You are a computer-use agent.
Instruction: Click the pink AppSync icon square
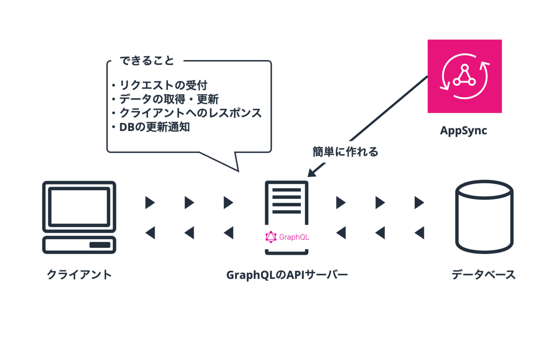click(465, 76)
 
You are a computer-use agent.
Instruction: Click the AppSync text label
click(464, 131)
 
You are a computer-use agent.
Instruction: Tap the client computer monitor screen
click(79, 207)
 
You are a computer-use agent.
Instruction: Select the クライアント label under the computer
click(79, 275)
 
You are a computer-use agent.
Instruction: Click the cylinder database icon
click(484, 216)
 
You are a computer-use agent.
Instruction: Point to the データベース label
click(483, 275)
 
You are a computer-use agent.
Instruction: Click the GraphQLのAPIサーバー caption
click(287, 275)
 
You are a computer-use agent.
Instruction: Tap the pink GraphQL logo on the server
click(287, 237)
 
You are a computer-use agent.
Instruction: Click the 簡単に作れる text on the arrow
click(345, 151)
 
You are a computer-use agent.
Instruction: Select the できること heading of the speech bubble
click(147, 60)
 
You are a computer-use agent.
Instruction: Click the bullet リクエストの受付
click(163, 85)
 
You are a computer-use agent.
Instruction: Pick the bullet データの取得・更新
click(169, 99)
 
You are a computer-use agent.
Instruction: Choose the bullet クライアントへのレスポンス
click(190, 113)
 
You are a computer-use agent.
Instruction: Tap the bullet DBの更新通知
click(154, 127)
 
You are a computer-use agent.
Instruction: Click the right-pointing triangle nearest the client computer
click(150, 203)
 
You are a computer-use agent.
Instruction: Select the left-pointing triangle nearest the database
click(420, 233)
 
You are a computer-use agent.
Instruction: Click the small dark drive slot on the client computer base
click(100, 245)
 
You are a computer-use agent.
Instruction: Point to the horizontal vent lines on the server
click(287, 201)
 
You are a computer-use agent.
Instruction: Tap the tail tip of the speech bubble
click(238, 171)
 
